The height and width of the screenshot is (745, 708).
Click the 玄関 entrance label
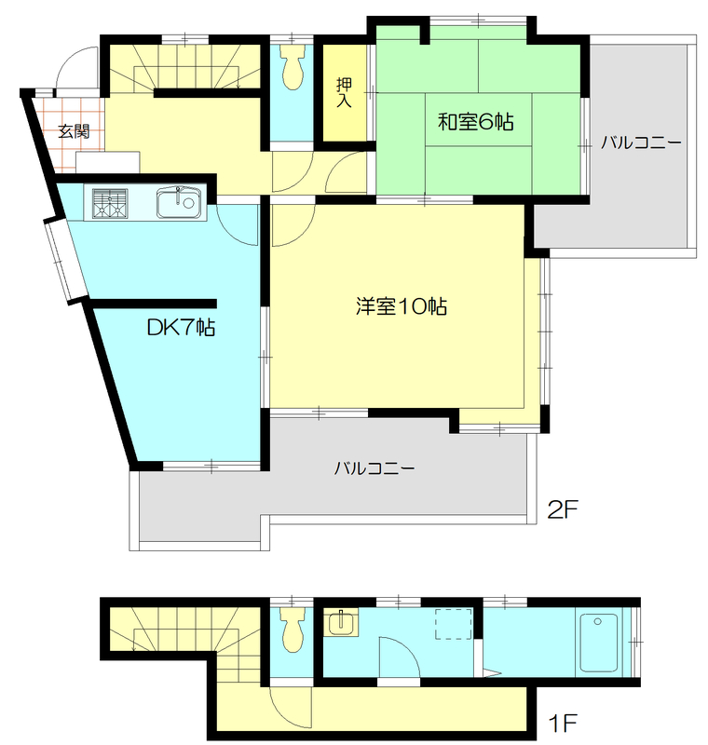74,132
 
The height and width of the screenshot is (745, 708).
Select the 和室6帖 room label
477,121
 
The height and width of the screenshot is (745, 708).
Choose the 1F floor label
564,721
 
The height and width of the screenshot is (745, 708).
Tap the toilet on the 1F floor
292,630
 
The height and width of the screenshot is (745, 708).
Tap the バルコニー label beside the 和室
640,143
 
